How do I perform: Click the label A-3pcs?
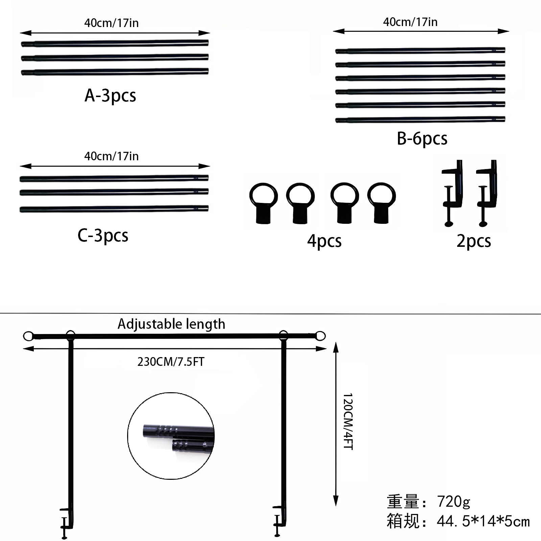click(110, 96)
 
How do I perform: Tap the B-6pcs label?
click(422, 139)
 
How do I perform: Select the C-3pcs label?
click(103, 236)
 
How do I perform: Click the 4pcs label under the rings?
click(324, 241)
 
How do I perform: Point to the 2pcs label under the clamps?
click(474, 241)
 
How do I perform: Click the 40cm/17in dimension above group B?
click(410, 22)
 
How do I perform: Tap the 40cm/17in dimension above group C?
click(111, 156)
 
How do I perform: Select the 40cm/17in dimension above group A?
click(111, 23)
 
